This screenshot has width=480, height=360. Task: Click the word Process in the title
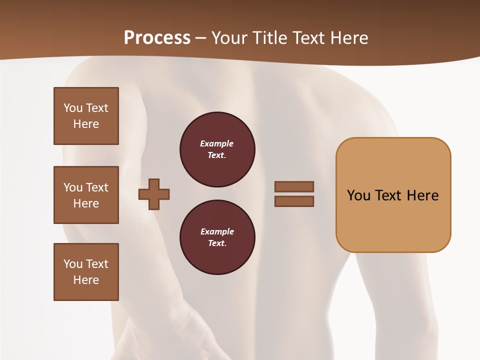[157, 38]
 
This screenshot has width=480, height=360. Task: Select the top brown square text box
[86, 116]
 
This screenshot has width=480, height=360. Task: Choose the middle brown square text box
[86, 195]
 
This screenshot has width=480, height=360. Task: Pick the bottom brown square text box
[86, 272]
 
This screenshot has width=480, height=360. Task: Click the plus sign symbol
[154, 193]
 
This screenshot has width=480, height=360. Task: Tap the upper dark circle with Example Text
[217, 149]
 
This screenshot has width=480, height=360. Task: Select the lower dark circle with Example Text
[217, 237]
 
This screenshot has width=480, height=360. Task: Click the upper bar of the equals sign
[294, 186]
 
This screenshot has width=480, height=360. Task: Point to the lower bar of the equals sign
[294, 201]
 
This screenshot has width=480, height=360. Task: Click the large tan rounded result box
[393, 220]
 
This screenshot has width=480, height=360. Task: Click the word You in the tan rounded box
[358, 195]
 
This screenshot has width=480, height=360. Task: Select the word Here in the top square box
[86, 124]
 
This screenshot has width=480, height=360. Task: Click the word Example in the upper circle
[217, 144]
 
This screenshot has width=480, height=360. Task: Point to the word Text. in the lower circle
[217, 243]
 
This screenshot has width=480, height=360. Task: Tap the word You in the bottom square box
[73, 264]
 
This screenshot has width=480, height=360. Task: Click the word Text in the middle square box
[97, 187]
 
